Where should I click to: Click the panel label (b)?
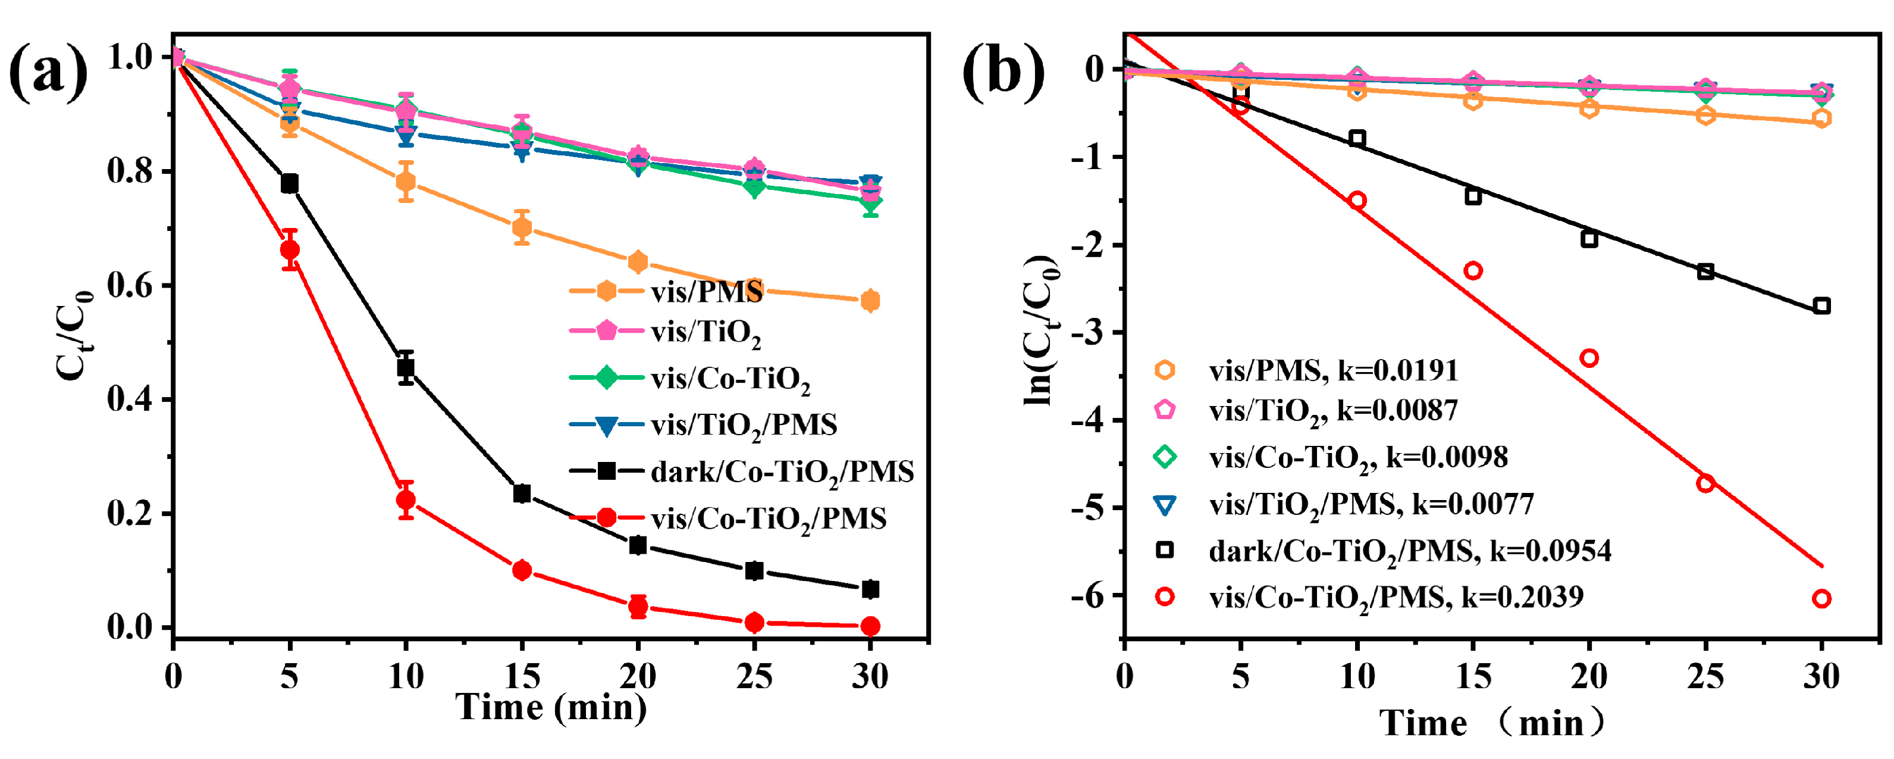[x=1003, y=72]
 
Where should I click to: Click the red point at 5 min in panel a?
[x=290, y=250]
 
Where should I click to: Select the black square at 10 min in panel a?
[x=406, y=366]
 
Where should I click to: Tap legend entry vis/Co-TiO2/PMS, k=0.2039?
[x=1396, y=597]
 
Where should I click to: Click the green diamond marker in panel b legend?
[x=1165, y=457]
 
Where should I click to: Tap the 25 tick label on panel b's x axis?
[x=1705, y=675]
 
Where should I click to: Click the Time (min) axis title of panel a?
[x=551, y=708]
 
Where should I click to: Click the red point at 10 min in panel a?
[x=406, y=500]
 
